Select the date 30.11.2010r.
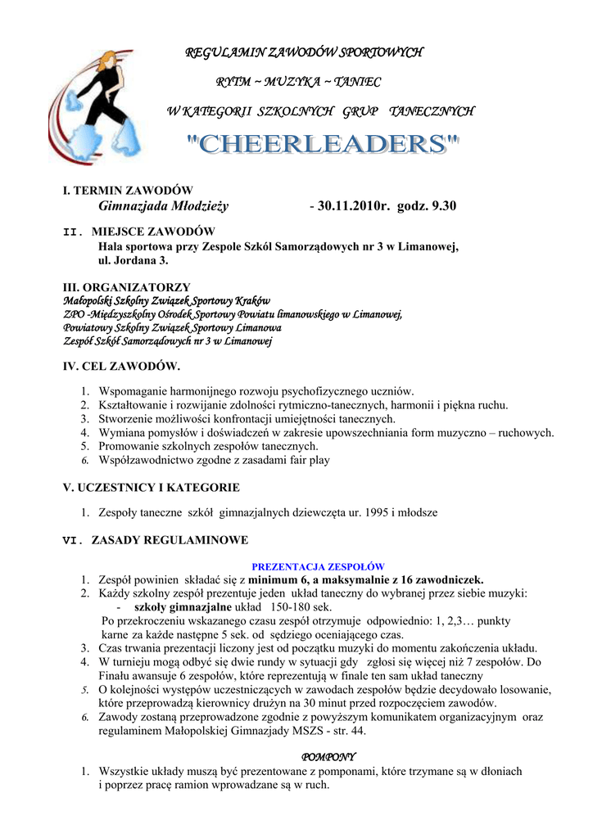[354, 206]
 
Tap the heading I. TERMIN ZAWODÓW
[128, 190]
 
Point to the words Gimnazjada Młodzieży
[163, 206]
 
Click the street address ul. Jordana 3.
[134, 260]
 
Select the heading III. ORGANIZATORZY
[127, 287]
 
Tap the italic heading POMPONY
[328, 757]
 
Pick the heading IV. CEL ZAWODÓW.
[121, 366]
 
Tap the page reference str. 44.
[347, 731]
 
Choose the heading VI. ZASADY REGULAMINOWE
[156, 540]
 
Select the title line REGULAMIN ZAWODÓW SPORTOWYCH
[305, 53]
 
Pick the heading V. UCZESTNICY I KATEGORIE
[152, 488]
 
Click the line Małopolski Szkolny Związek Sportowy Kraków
[167, 301]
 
